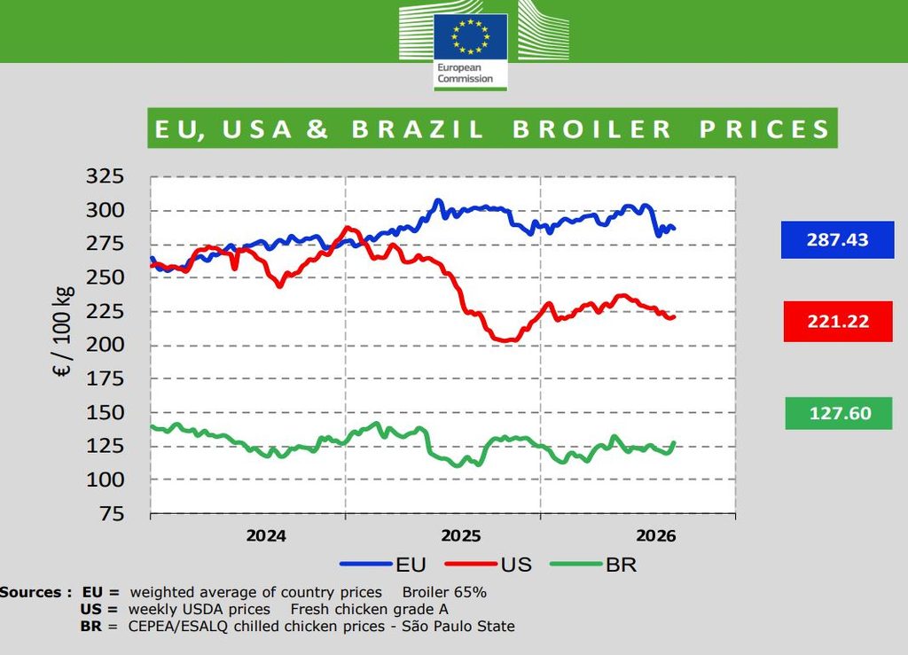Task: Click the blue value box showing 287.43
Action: pos(837,239)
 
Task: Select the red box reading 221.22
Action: pos(838,321)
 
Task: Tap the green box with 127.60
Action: pos(839,413)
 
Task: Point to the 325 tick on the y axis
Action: pos(105,175)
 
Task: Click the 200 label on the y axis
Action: pos(105,345)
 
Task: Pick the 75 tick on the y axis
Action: pos(112,513)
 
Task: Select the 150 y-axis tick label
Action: pos(105,412)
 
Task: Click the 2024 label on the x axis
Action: pos(266,536)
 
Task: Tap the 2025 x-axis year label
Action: pos(461,536)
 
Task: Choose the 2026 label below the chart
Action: pos(656,536)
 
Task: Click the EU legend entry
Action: pos(383,565)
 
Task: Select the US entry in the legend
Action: pos(489,565)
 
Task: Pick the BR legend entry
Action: pos(593,565)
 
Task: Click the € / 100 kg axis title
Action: pos(64,331)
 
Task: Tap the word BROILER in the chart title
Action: pos(591,129)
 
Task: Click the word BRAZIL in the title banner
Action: pos(418,129)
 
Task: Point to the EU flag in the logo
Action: pos(470,36)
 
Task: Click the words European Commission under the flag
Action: pos(465,73)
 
